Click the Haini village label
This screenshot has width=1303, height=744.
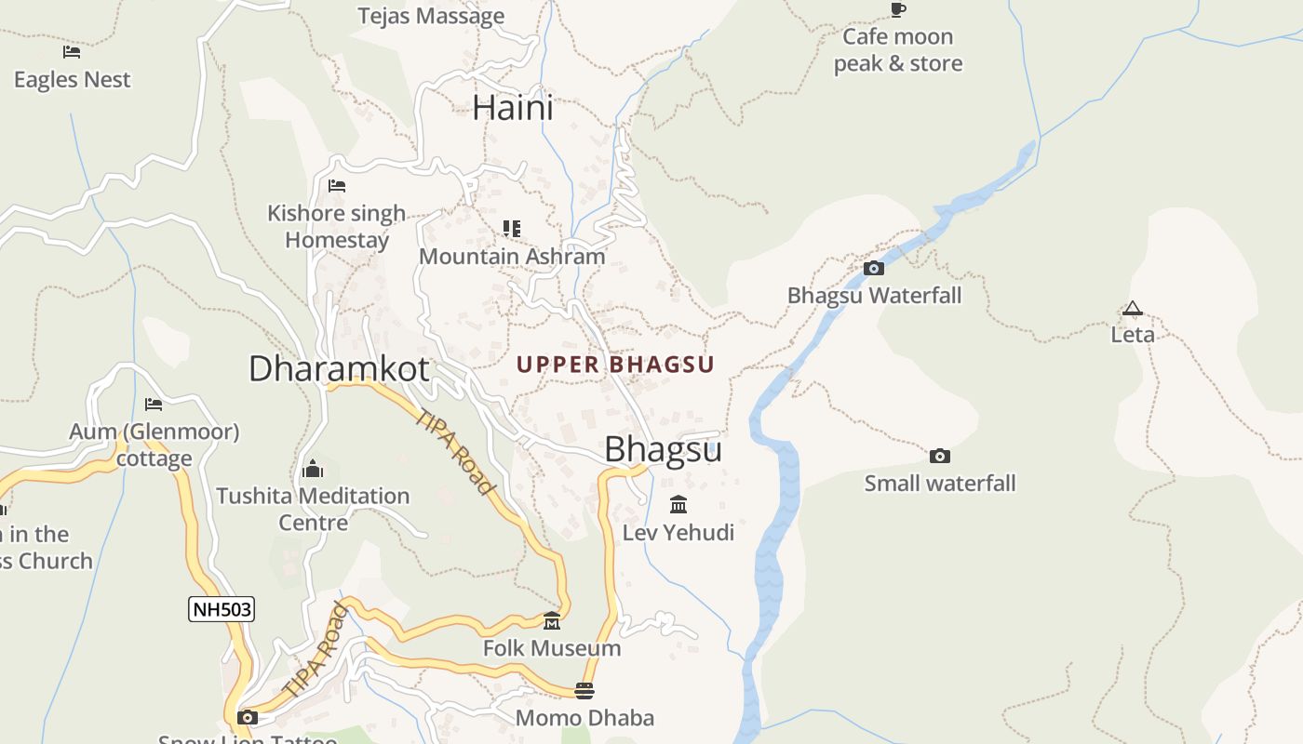(513, 108)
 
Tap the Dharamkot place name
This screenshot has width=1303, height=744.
(339, 368)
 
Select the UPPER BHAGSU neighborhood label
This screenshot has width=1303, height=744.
(615, 365)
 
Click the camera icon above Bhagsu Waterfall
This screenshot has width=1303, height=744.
(874, 269)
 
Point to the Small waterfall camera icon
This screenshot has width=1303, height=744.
(940, 456)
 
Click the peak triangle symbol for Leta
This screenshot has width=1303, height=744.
(1132, 309)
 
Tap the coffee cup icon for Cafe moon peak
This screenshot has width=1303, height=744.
(898, 10)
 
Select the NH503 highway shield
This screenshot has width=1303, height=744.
(222, 610)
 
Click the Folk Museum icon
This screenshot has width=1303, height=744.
(552, 621)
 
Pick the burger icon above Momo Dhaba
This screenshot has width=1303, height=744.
(584, 691)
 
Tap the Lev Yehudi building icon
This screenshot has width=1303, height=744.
(678, 505)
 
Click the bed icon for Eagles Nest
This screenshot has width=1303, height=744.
(72, 52)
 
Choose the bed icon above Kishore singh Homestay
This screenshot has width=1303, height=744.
(337, 186)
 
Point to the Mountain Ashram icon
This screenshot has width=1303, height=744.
(512, 229)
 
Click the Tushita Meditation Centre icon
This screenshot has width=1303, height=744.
(314, 469)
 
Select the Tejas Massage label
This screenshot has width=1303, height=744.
(432, 16)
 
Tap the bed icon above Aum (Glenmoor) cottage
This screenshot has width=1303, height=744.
(154, 405)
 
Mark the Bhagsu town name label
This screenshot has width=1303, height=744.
(663, 449)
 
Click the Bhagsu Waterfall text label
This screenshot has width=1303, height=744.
(874, 296)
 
